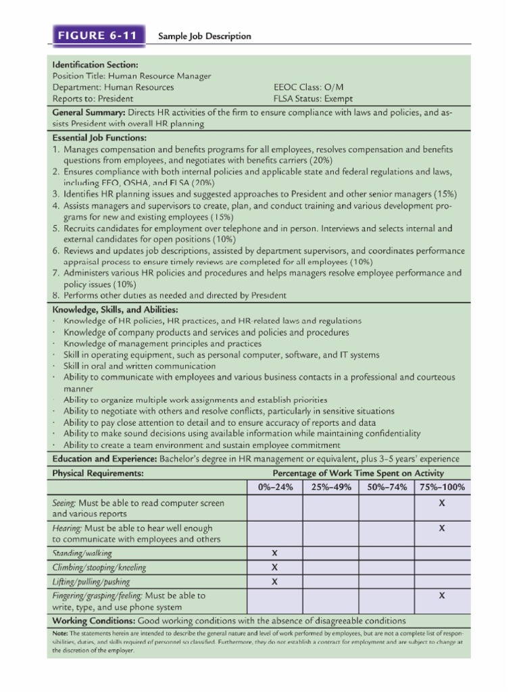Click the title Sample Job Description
pos(204,36)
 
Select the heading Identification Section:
pos(95,65)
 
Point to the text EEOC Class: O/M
pos(312,87)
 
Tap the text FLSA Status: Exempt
pos(313,99)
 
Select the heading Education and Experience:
pos(105,459)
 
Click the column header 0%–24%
pos(275,487)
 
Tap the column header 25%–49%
pos(330,487)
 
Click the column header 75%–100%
pos(441,487)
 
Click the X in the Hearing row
pos(441,528)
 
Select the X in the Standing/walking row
pos(274,553)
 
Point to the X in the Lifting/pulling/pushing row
pos(274,582)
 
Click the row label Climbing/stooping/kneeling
pos(99,568)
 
